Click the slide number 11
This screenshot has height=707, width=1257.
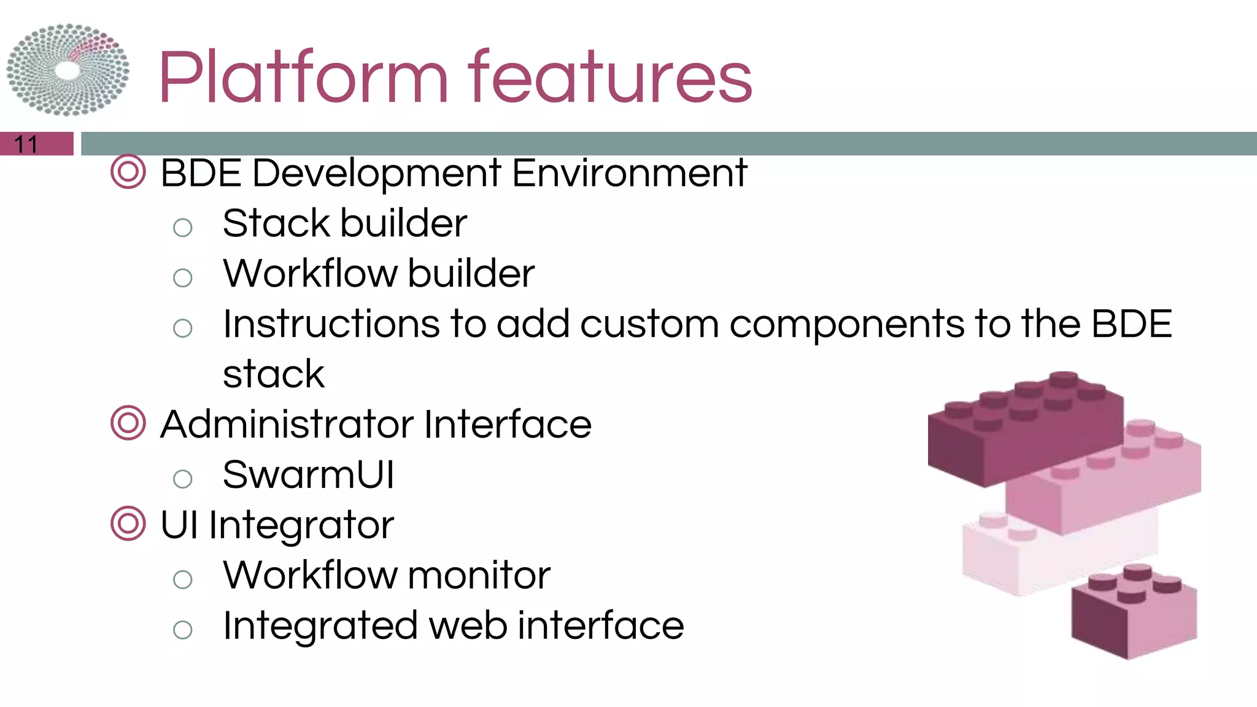click(x=26, y=145)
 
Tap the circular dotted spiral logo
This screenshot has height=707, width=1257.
click(x=68, y=70)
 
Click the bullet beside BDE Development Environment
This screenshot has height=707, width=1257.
click(x=128, y=172)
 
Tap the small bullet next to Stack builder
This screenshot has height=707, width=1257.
click(x=182, y=228)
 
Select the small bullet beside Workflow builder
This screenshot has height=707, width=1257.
click(x=182, y=278)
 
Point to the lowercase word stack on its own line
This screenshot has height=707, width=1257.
click(x=274, y=374)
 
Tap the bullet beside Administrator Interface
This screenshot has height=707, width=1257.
click(x=128, y=423)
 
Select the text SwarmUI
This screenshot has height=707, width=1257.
click(x=308, y=474)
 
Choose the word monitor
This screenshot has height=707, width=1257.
click(x=479, y=575)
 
